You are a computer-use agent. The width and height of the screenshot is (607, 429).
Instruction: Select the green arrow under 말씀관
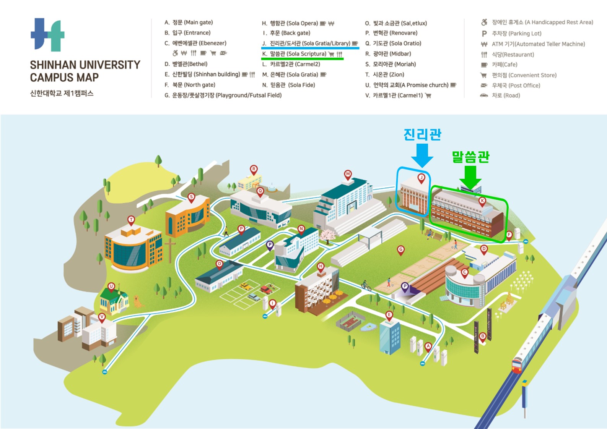[x=470, y=176]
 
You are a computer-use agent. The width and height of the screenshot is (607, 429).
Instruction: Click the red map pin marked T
[x=131, y=220]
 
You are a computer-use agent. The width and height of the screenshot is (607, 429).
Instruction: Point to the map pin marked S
[x=191, y=198]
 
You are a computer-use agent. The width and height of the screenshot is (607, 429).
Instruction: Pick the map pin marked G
[x=400, y=250]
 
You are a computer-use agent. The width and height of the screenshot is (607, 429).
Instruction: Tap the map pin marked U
[x=111, y=287]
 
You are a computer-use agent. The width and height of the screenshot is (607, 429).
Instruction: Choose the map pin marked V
[x=102, y=317]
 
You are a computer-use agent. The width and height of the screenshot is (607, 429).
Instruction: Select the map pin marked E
[x=389, y=315]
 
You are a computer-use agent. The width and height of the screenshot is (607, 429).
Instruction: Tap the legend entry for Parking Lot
[x=516, y=34]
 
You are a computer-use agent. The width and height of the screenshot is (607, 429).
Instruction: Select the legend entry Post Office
[x=516, y=86]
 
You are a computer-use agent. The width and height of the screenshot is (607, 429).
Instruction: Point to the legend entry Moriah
[x=394, y=64]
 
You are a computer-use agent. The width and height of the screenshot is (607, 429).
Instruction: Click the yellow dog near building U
[x=137, y=301]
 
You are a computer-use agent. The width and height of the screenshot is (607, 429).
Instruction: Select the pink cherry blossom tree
[x=327, y=236]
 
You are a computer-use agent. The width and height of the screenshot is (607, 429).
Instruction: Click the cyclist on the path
[x=366, y=285]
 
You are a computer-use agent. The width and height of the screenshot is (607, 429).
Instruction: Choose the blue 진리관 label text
[x=422, y=134]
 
